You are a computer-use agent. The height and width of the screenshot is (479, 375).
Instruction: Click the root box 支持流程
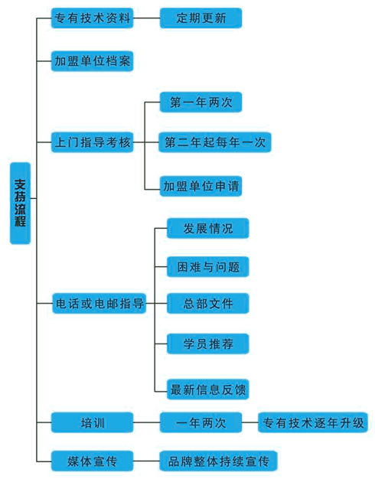(20, 203)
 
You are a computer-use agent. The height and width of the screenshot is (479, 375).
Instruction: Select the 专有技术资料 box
(92, 18)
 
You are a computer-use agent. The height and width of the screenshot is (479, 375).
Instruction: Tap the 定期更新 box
(201, 18)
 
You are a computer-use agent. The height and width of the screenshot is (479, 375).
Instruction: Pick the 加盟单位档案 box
(92, 61)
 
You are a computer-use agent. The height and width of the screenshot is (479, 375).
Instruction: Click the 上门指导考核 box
(92, 142)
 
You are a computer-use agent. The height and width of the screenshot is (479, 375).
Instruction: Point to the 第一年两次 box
(201, 102)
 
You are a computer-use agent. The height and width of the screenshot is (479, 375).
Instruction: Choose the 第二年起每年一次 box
(215, 142)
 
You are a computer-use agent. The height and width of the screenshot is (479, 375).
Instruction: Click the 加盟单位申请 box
(201, 186)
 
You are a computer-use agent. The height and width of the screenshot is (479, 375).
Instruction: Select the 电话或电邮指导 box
(99, 303)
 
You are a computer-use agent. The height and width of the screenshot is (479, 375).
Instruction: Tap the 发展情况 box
(208, 228)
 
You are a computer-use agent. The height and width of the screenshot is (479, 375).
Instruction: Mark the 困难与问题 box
(208, 267)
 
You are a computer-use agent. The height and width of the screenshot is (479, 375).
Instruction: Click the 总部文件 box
(208, 303)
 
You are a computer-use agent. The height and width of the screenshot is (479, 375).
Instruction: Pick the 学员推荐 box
(208, 344)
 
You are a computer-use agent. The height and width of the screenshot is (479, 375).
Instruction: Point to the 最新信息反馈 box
(208, 389)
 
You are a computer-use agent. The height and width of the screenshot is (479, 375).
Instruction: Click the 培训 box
(92, 422)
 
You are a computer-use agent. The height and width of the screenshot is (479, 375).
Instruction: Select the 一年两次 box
(201, 422)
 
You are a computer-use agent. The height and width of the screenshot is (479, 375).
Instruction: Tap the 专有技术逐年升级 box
(313, 422)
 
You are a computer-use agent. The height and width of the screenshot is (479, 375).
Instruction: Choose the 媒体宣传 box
(92, 461)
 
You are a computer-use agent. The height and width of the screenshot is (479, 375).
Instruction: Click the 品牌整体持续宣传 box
(218, 461)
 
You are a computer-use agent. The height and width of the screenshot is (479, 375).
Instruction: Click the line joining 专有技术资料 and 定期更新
(146, 18)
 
